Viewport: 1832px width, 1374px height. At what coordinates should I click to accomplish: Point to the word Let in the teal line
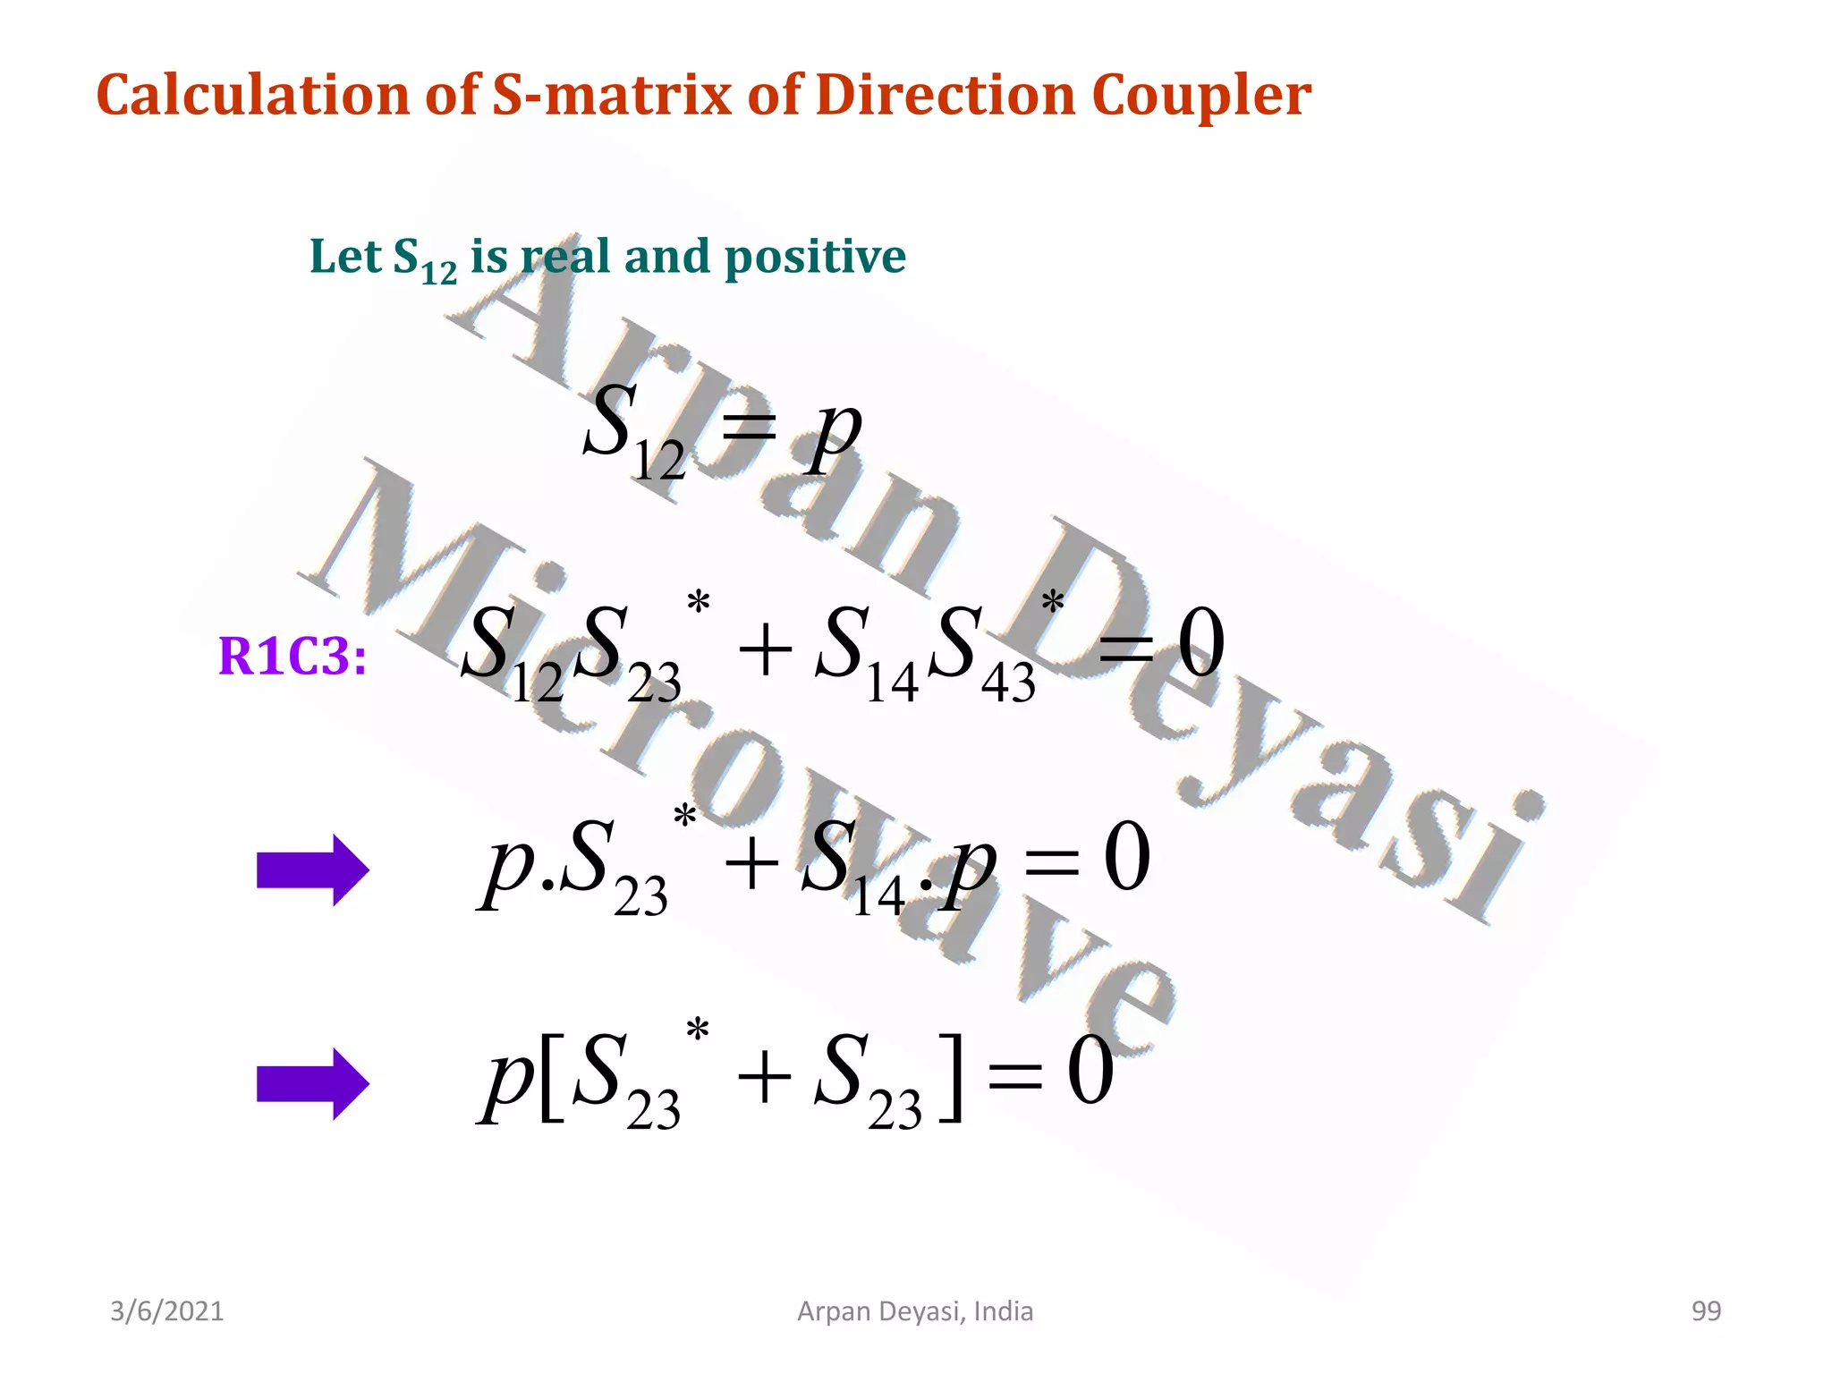click(x=345, y=256)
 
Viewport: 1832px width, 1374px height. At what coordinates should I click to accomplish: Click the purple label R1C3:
click(x=293, y=657)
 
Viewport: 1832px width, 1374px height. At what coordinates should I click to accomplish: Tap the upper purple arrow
click(x=312, y=869)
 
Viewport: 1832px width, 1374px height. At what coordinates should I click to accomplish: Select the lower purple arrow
click(x=312, y=1083)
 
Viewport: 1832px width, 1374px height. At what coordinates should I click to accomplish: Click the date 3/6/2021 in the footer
click(x=167, y=1311)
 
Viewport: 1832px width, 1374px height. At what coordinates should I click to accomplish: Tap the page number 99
click(x=1706, y=1311)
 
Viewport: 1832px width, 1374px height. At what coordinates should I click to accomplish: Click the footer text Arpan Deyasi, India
click(x=915, y=1311)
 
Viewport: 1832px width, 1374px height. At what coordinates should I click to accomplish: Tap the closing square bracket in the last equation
click(x=954, y=1077)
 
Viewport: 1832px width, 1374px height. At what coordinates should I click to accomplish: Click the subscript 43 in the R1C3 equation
click(x=1008, y=684)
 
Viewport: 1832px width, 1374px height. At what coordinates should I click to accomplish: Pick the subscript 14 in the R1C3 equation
click(x=892, y=684)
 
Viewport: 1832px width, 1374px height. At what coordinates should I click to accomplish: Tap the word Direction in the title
click(x=946, y=95)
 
